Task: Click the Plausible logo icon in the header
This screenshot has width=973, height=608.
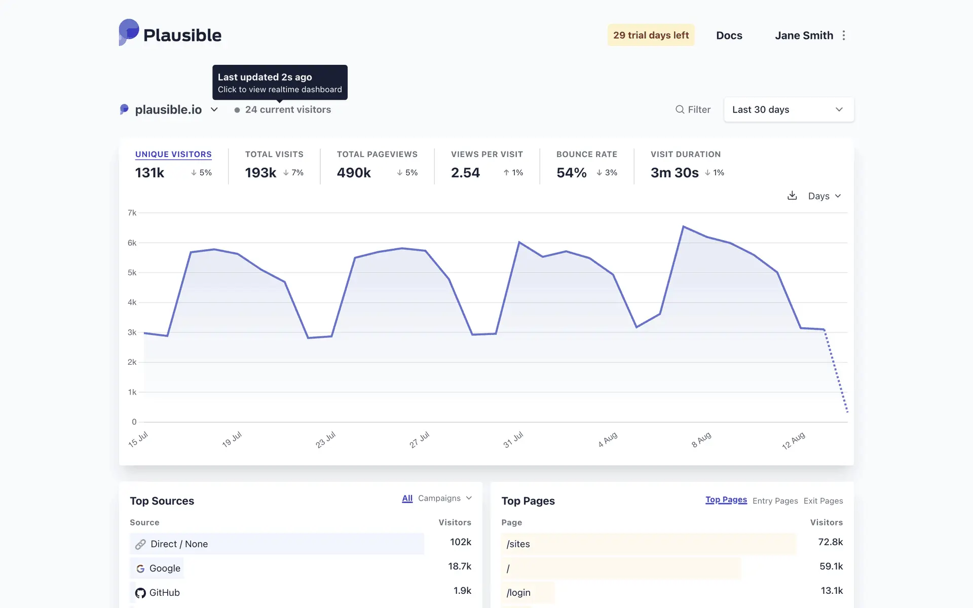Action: [x=129, y=32]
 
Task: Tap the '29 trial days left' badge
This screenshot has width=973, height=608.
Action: [x=651, y=35]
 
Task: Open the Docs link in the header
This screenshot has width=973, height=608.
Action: [x=729, y=35]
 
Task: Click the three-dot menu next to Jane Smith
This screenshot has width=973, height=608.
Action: [x=844, y=35]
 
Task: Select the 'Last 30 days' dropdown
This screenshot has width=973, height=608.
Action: [x=789, y=109]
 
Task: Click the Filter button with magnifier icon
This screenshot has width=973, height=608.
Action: [x=693, y=109]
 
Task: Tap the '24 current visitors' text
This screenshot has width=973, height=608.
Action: [x=287, y=109]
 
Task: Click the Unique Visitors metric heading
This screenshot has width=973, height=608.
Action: [x=173, y=154]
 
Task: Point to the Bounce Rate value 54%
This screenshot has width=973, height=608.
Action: [x=571, y=173]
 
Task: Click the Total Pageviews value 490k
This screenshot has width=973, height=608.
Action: [x=354, y=173]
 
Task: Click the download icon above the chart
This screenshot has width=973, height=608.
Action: [x=792, y=196]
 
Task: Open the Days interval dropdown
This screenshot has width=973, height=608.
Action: [x=824, y=196]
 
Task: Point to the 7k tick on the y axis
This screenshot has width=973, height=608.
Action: [x=132, y=213]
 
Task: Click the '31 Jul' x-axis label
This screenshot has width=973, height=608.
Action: [x=513, y=440]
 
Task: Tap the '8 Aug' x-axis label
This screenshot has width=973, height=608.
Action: [x=701, y=440]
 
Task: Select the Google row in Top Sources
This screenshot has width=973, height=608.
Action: [x=165, y=568]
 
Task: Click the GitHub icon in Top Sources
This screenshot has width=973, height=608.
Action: [x=140, y=593]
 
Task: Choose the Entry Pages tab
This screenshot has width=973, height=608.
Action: [x=775, y=501]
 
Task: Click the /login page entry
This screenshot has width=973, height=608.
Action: [x=518, y=593]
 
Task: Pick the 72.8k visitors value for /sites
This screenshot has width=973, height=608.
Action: [x=830, y=542]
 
